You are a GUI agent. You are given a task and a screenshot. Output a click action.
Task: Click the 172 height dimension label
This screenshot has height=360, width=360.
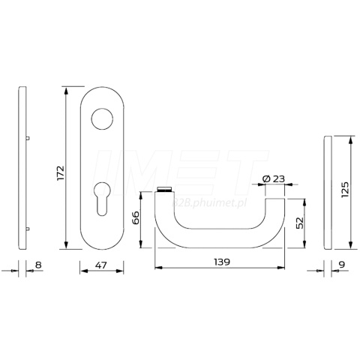click(61, 172)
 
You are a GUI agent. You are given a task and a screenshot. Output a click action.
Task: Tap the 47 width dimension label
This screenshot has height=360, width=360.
click(101, 265)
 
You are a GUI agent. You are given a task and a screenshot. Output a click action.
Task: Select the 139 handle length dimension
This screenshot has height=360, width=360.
click(222, 262)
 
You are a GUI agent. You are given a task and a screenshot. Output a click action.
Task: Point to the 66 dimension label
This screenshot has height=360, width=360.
click(136, 217)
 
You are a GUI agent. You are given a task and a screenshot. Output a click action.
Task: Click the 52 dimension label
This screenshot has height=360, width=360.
click(299, 223)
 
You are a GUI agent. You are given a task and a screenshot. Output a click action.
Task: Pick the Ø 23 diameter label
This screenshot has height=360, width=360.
click(274, 178)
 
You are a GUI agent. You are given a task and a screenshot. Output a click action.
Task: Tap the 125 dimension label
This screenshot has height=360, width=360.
click(345, 190)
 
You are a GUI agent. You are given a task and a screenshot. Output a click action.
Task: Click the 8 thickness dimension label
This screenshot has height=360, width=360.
click(38, 265)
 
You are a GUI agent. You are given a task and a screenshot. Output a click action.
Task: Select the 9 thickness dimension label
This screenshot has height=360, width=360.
click(342, 264)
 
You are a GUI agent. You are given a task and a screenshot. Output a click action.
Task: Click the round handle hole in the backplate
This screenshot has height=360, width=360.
click(102, 119)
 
